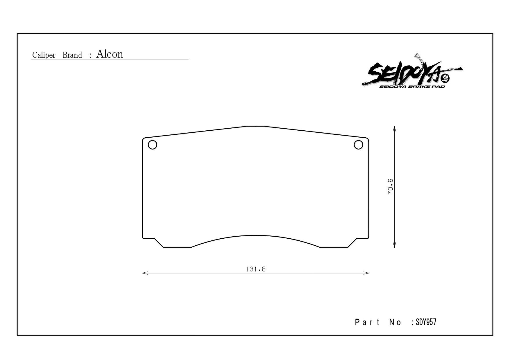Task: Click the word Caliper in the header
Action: click(44, 55)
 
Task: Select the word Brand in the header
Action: click(72, 55)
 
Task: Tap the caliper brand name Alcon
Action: click(110, 54)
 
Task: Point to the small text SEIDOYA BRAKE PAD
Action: click(412, 87)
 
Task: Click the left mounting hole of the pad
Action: click(153, 145)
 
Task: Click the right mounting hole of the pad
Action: click(358, 145)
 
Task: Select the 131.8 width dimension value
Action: click(256, 269)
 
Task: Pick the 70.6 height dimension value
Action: click(390, 186)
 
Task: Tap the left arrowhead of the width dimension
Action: click(145, 273)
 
